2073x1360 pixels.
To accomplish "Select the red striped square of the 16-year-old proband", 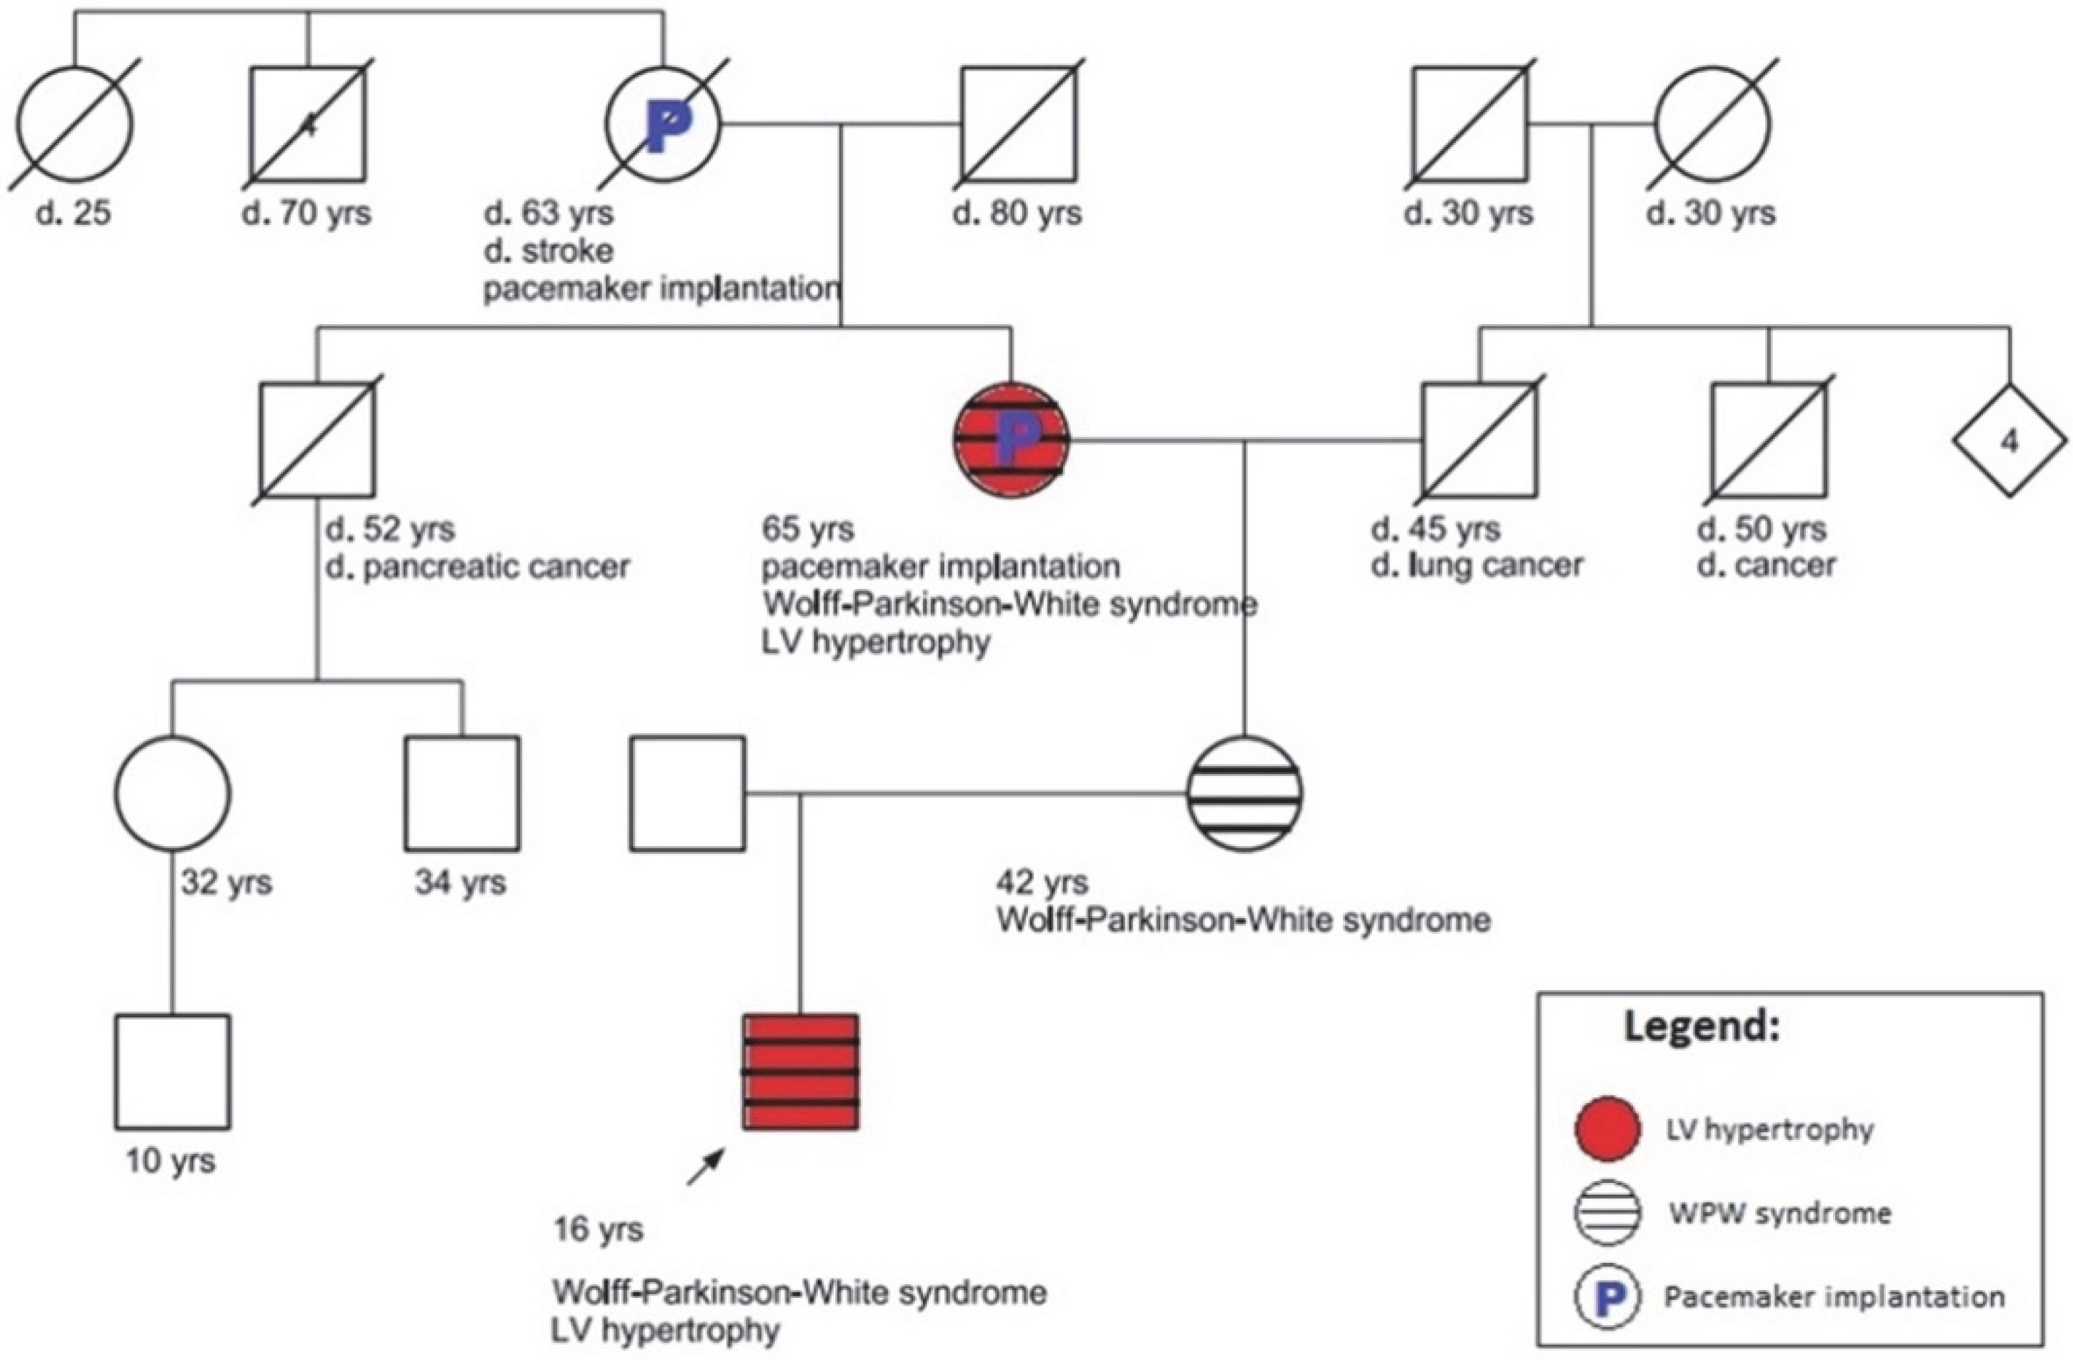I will pyautogui.click(x=801, y=1072).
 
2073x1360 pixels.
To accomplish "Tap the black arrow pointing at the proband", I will pyautogui.click(x=706, y=1167).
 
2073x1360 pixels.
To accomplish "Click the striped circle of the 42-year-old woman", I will pyautogui.click(x=1244, y=793).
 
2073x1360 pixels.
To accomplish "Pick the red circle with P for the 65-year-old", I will pyautogui.click(x=1010, y=440).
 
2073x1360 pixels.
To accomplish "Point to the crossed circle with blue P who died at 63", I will pyautogui.click(x=663, y=124).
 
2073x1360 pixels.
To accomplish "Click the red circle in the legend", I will pyautogui.click(x=1607, y=1129).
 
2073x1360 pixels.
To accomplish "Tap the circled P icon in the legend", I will pyautogui.click(x=1607, y=1296).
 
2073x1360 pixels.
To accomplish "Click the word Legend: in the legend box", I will pyautogui.click(x=1701, y=1027).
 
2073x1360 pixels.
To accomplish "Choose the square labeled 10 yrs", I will pyautogui.click(x=172, y=1072).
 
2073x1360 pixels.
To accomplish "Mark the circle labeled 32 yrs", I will pyautogui.click(x=172, y=793).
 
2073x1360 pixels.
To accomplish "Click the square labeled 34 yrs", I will pyautogui.click(x=461, y=793).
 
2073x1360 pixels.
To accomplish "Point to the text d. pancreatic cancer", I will pyautogui.click(x=477, y=568).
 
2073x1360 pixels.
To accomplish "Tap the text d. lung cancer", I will pyautogui.click(x=1477, y=566).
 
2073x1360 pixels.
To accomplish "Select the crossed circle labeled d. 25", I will pyautogui.click(x=75, y=124).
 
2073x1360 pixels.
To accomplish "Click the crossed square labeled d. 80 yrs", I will pyautogui.click(x=1018, y=124).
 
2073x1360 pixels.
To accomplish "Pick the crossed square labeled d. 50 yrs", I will pyautogui.click(x=1768, y=440).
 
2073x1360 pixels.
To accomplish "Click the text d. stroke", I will pyautogui.click(x=549, y=251).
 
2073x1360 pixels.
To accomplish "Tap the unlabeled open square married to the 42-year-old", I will pyautogui.click(x=687, y=793).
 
